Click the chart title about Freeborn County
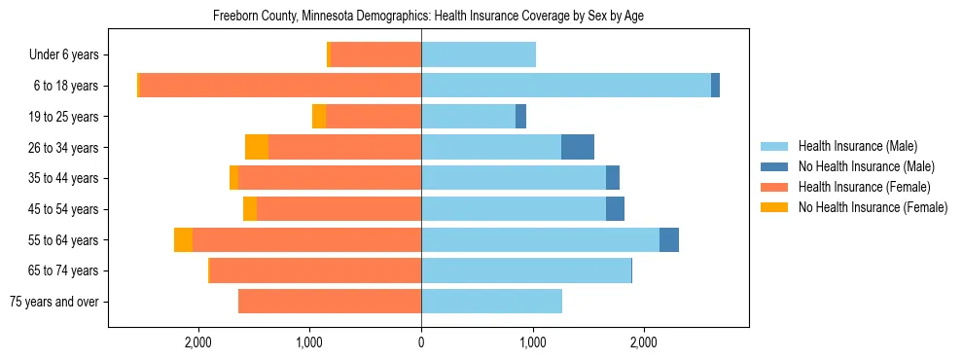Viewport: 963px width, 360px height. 428,16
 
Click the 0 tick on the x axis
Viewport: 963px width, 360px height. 421,342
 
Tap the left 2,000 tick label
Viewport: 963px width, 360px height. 198,342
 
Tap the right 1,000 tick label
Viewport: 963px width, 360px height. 533,342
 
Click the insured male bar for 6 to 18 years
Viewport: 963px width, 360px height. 566,86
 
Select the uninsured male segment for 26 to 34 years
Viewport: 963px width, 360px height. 578,147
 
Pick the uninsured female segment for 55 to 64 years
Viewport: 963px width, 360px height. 183,239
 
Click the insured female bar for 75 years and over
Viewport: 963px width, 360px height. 330,302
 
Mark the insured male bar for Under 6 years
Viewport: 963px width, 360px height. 479,54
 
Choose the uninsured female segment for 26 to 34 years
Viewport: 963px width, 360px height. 257,147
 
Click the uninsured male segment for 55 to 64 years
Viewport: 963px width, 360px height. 669,239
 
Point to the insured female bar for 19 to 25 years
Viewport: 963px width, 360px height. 374,117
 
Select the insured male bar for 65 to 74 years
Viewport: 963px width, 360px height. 526,270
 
